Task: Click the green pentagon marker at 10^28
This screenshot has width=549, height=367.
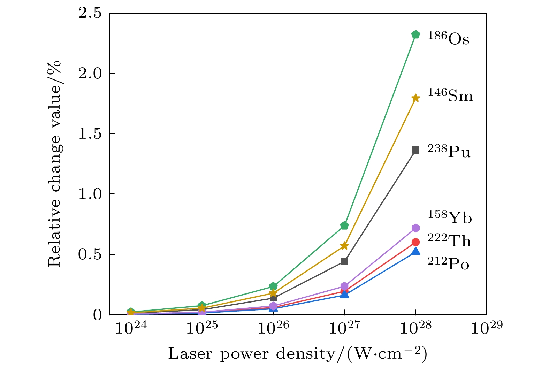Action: [415, 35]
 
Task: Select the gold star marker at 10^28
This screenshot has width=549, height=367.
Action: [415, 98]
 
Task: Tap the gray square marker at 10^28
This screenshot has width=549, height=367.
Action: [415, 150]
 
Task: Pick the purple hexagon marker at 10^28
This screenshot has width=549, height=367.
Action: [415, 228]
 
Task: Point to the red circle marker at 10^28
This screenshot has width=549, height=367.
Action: [415, 242]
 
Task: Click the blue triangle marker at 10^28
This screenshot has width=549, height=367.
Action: [415, 251]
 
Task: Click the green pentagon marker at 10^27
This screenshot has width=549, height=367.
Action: [344, 225]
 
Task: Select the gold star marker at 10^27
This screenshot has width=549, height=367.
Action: [344, 246]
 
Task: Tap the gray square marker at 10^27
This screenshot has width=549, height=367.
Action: [344, 261]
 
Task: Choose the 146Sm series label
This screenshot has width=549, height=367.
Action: [450, 95]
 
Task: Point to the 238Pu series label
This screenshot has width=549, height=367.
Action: [449, 152]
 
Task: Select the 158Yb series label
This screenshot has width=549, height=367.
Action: [450, 217]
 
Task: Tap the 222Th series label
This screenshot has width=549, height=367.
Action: [449, 240]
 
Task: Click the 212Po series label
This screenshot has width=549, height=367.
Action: [449, 264]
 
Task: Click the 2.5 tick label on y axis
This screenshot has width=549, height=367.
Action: [90, 13]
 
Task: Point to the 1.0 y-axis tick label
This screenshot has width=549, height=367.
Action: [90, 194]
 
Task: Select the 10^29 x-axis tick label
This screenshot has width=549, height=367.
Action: [487, 328]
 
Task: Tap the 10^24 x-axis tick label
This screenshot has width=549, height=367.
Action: [131, 328]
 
